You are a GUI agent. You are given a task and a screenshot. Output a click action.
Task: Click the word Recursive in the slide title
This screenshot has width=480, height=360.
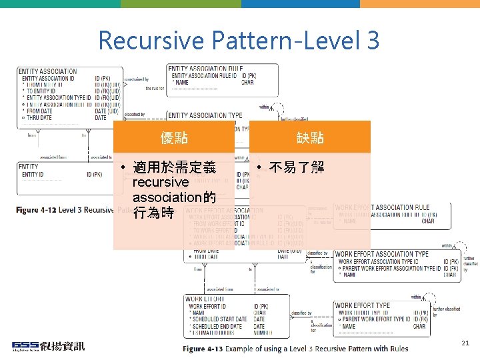[151, 41]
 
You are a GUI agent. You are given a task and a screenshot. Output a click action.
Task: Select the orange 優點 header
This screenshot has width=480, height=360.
[174, 137]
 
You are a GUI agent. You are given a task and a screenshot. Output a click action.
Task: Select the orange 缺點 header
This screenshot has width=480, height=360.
[310, 137]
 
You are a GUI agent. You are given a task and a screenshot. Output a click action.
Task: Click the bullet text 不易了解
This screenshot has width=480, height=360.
[297, 167]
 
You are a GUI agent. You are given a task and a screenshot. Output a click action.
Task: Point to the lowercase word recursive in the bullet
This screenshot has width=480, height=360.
[161, 182]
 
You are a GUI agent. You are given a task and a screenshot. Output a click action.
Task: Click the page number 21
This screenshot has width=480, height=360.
[465, 343]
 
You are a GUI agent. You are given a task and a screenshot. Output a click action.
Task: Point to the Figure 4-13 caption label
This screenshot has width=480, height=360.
[203, 349]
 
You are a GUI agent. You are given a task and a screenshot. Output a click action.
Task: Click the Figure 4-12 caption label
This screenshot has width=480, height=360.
[37, 210]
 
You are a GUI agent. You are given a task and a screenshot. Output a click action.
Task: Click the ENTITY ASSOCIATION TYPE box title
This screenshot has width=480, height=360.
[205, 115]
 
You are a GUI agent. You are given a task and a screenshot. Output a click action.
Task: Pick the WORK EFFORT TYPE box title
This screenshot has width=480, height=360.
[363, 306]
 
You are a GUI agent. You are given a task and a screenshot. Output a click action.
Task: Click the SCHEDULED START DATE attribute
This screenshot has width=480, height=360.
[218, 319]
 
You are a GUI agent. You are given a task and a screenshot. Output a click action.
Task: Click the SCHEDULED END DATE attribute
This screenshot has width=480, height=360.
[216, 326]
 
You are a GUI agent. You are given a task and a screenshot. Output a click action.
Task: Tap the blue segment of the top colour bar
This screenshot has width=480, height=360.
[301, 3]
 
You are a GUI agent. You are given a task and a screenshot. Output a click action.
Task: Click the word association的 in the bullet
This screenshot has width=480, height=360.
[174, 198]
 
